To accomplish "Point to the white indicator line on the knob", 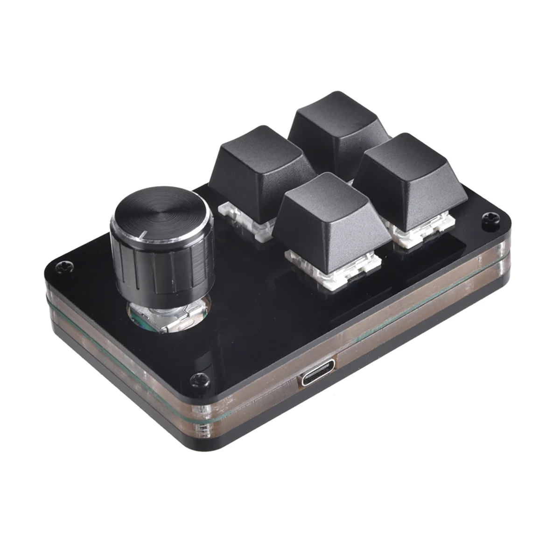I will [145, 234].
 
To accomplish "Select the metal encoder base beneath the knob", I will [168, 317].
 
